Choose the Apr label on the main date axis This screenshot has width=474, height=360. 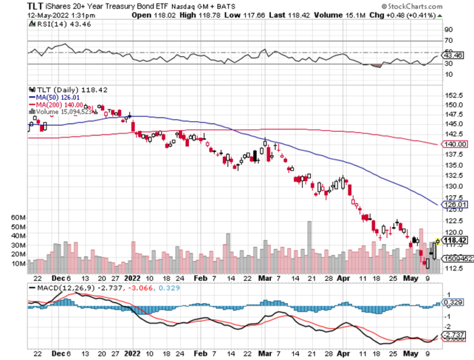tap(344, 278)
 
